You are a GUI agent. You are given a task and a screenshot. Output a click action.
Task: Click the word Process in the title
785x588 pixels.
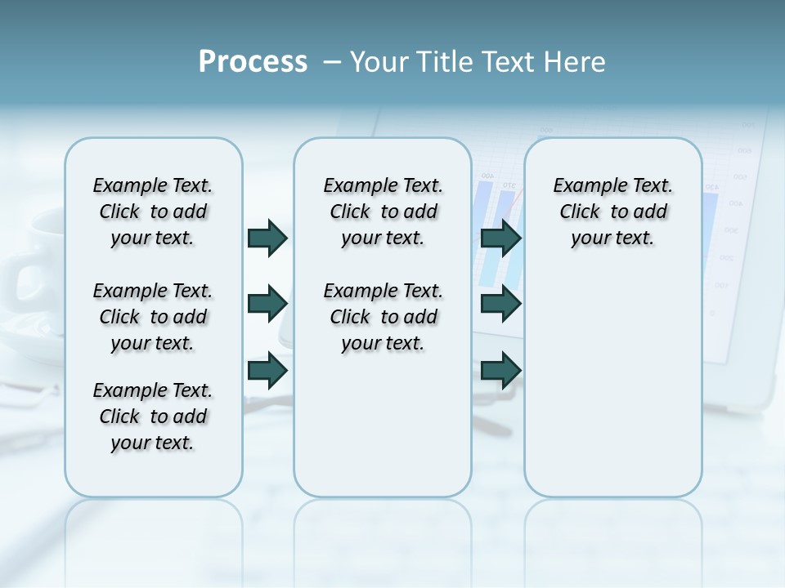253,62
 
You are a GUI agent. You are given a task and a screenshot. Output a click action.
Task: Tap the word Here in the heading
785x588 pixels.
575,62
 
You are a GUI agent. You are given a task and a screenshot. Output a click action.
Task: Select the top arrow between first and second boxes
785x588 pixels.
267,238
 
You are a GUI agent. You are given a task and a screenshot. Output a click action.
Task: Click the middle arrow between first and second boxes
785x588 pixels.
267,305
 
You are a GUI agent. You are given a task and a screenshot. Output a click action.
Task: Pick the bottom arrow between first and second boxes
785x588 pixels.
267,370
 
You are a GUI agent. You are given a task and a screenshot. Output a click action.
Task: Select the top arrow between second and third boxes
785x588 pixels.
501,238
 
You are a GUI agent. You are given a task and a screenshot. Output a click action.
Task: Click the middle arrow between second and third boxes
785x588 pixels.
501,305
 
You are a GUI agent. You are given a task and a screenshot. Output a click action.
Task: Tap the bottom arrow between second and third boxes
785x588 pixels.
501,370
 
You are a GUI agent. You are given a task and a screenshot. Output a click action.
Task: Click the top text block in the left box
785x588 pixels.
153,212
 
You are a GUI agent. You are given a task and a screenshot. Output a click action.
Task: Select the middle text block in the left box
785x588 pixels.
153,317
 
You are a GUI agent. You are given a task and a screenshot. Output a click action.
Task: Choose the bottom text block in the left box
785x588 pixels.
153,416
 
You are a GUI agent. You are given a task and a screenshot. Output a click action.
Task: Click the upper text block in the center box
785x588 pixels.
383,212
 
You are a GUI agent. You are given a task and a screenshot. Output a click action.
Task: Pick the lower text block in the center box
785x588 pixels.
383,317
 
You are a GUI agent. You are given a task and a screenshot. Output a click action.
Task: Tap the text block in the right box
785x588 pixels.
612,212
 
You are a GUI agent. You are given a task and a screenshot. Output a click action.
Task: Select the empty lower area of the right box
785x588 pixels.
612,384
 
